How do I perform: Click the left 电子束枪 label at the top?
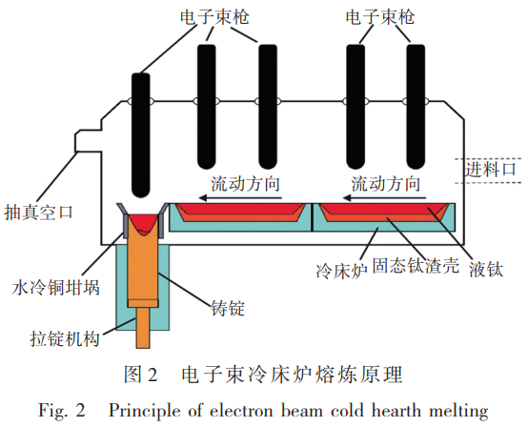pos(216,15)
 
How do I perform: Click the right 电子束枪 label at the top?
pos(378,15)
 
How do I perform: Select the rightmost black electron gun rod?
pos(418,105)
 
